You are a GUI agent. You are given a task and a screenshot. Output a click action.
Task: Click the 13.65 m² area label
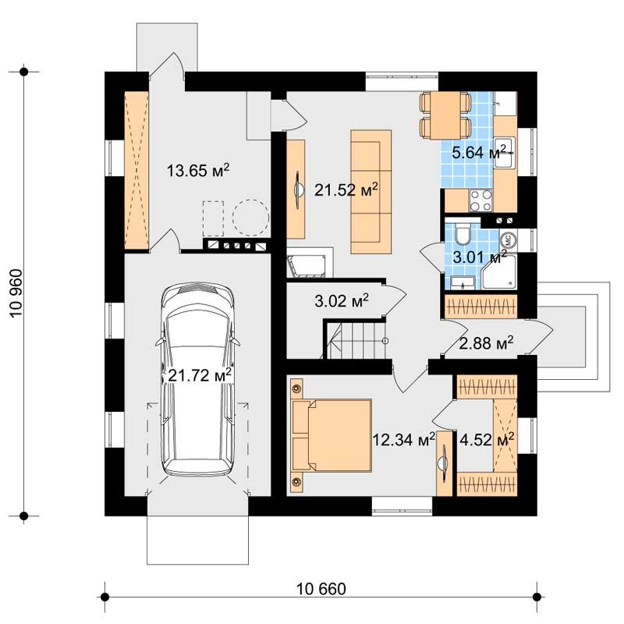click(198, 170)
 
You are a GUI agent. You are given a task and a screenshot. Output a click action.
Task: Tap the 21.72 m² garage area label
click(200, 375)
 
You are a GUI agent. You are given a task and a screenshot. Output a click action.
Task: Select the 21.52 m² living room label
click(346, 190)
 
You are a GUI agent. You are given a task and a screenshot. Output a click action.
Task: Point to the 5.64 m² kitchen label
click(479, 152)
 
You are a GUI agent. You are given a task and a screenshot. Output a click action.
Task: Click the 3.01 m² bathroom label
click(480, 257)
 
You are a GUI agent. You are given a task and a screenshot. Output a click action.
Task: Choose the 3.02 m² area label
click(342, 301)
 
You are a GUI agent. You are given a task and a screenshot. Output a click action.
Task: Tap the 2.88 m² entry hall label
click(486, 343)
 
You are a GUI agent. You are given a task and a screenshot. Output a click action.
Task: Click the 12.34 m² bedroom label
click(403, 440)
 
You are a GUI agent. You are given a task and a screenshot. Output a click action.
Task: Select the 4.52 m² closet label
click(487, 440)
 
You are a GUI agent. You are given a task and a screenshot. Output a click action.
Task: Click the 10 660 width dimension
click(321, 589)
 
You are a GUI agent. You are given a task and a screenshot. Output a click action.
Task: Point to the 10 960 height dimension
click(16, 293)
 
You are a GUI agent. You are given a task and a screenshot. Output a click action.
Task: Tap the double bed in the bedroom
click(331, 434)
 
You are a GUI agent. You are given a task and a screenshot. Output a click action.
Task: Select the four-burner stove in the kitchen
click(480, 200)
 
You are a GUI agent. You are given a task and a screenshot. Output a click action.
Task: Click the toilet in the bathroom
click(463, 235)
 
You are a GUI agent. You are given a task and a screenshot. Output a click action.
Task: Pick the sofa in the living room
click(371, 191)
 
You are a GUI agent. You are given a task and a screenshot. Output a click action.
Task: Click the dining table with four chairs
click(445, 115)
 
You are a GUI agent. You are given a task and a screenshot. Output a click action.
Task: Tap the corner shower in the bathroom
click(499, 271)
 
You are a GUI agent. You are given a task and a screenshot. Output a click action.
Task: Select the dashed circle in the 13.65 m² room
click(250, 217)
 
